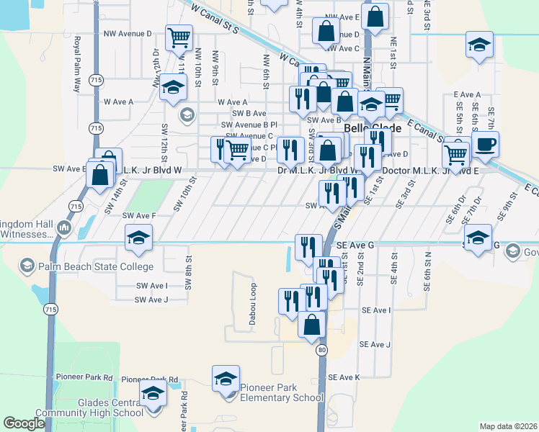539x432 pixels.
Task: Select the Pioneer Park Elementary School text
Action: tap(281, 392)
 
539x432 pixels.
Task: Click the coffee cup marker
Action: tap(485, 144)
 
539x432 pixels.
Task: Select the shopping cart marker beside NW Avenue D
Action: tap(179, 38)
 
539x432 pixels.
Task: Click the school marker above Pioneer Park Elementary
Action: tap(226, 379)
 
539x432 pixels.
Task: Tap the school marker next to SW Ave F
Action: tap(138, 238)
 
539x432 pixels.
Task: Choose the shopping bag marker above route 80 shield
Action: tap(312, 324)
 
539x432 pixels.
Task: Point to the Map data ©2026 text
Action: tap(508, 426)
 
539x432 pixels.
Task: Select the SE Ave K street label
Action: tap(343, 377)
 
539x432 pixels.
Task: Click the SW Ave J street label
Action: tap(151, 300)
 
